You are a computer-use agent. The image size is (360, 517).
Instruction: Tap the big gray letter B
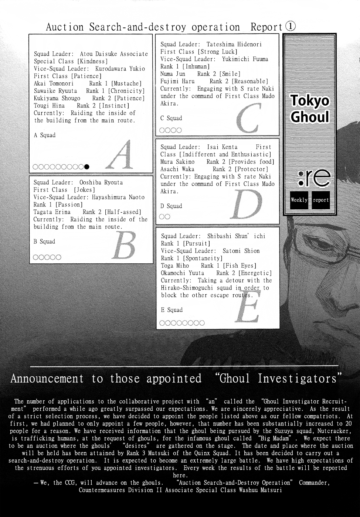point(123,246)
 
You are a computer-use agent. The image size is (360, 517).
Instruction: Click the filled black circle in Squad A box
point(87,167)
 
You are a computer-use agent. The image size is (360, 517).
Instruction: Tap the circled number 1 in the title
point(291,27)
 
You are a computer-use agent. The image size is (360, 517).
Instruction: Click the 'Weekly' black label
point(299,200)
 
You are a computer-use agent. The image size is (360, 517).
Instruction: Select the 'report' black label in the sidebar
point(320,200)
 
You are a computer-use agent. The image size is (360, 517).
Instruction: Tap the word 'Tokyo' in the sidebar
point(310,100)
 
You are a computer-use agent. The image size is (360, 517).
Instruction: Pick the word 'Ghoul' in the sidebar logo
point(310,117)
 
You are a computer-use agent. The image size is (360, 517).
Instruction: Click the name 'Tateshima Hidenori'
point(234,44)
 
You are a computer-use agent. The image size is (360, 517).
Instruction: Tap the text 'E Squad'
point(172,310)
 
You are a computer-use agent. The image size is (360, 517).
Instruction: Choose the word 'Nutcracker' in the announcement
point(333,431)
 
